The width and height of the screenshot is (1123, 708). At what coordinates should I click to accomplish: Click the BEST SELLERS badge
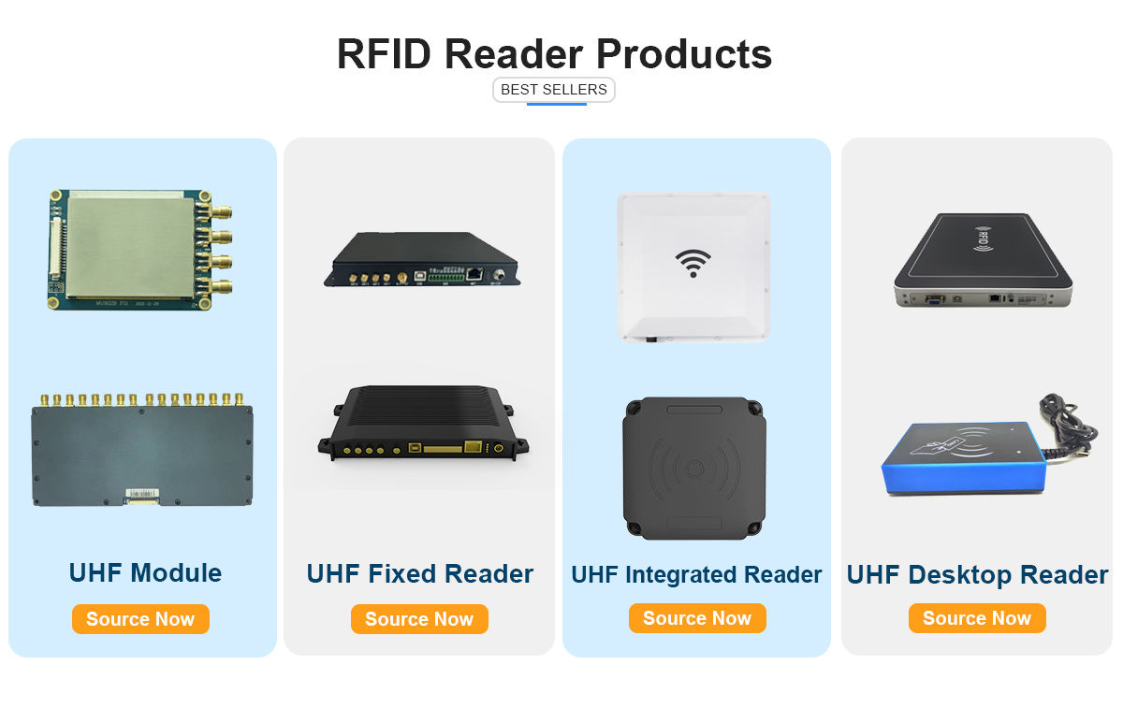tap(553, 90)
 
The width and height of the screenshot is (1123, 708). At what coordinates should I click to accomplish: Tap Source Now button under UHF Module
tap(140, 619)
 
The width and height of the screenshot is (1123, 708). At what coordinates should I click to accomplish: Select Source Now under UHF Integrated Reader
tap(697, 618)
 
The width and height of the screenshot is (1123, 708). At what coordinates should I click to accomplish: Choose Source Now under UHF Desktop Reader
tap(976, 618)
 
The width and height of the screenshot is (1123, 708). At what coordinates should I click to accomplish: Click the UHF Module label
tap(145, 572)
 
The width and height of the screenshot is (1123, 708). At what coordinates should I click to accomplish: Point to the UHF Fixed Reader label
tap(420, 573)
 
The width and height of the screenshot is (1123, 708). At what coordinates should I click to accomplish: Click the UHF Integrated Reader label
tap(696, 574)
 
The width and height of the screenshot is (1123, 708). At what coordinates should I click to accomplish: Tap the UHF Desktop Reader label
tap(977, 574)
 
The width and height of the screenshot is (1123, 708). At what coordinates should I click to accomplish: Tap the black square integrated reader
tap(693, 468)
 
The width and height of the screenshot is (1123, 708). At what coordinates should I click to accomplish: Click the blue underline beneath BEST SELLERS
tap(556, 104)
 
